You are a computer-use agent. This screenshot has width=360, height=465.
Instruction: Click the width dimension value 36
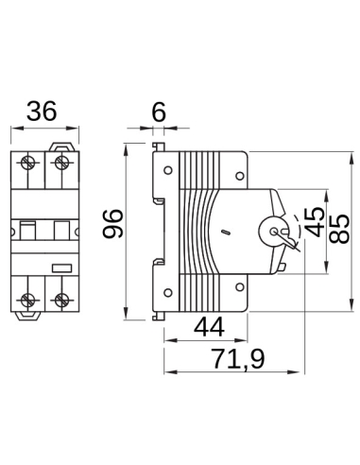[x=43, y=112]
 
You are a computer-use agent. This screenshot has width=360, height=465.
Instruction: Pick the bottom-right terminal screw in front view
[x=61, y=301]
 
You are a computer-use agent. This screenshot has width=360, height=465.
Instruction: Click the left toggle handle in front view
[x=29, y=230]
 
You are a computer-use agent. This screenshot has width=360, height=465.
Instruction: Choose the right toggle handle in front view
[x=60, y=230]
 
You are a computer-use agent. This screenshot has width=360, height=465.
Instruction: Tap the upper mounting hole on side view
[x=167, y=172]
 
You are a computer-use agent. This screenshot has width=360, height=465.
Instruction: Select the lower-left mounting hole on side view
[x=167, y=291]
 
